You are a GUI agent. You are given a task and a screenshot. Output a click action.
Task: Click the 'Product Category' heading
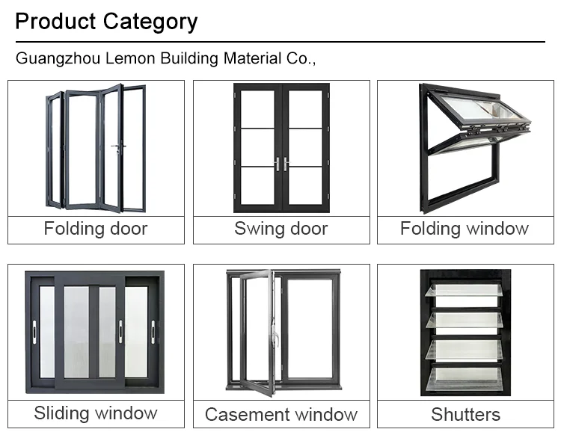106,21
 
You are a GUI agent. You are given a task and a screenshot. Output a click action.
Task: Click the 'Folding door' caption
96,229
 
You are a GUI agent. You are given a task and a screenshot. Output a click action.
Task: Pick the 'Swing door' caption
281,229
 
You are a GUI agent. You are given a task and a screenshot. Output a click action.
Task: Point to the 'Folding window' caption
465,229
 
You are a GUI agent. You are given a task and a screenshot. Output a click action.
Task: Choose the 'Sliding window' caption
96,413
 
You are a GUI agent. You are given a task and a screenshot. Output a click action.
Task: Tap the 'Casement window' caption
281,414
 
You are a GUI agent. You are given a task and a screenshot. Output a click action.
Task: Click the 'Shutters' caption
465,414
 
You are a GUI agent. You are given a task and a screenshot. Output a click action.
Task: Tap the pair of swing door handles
281,164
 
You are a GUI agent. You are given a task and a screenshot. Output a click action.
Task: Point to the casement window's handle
274,340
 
